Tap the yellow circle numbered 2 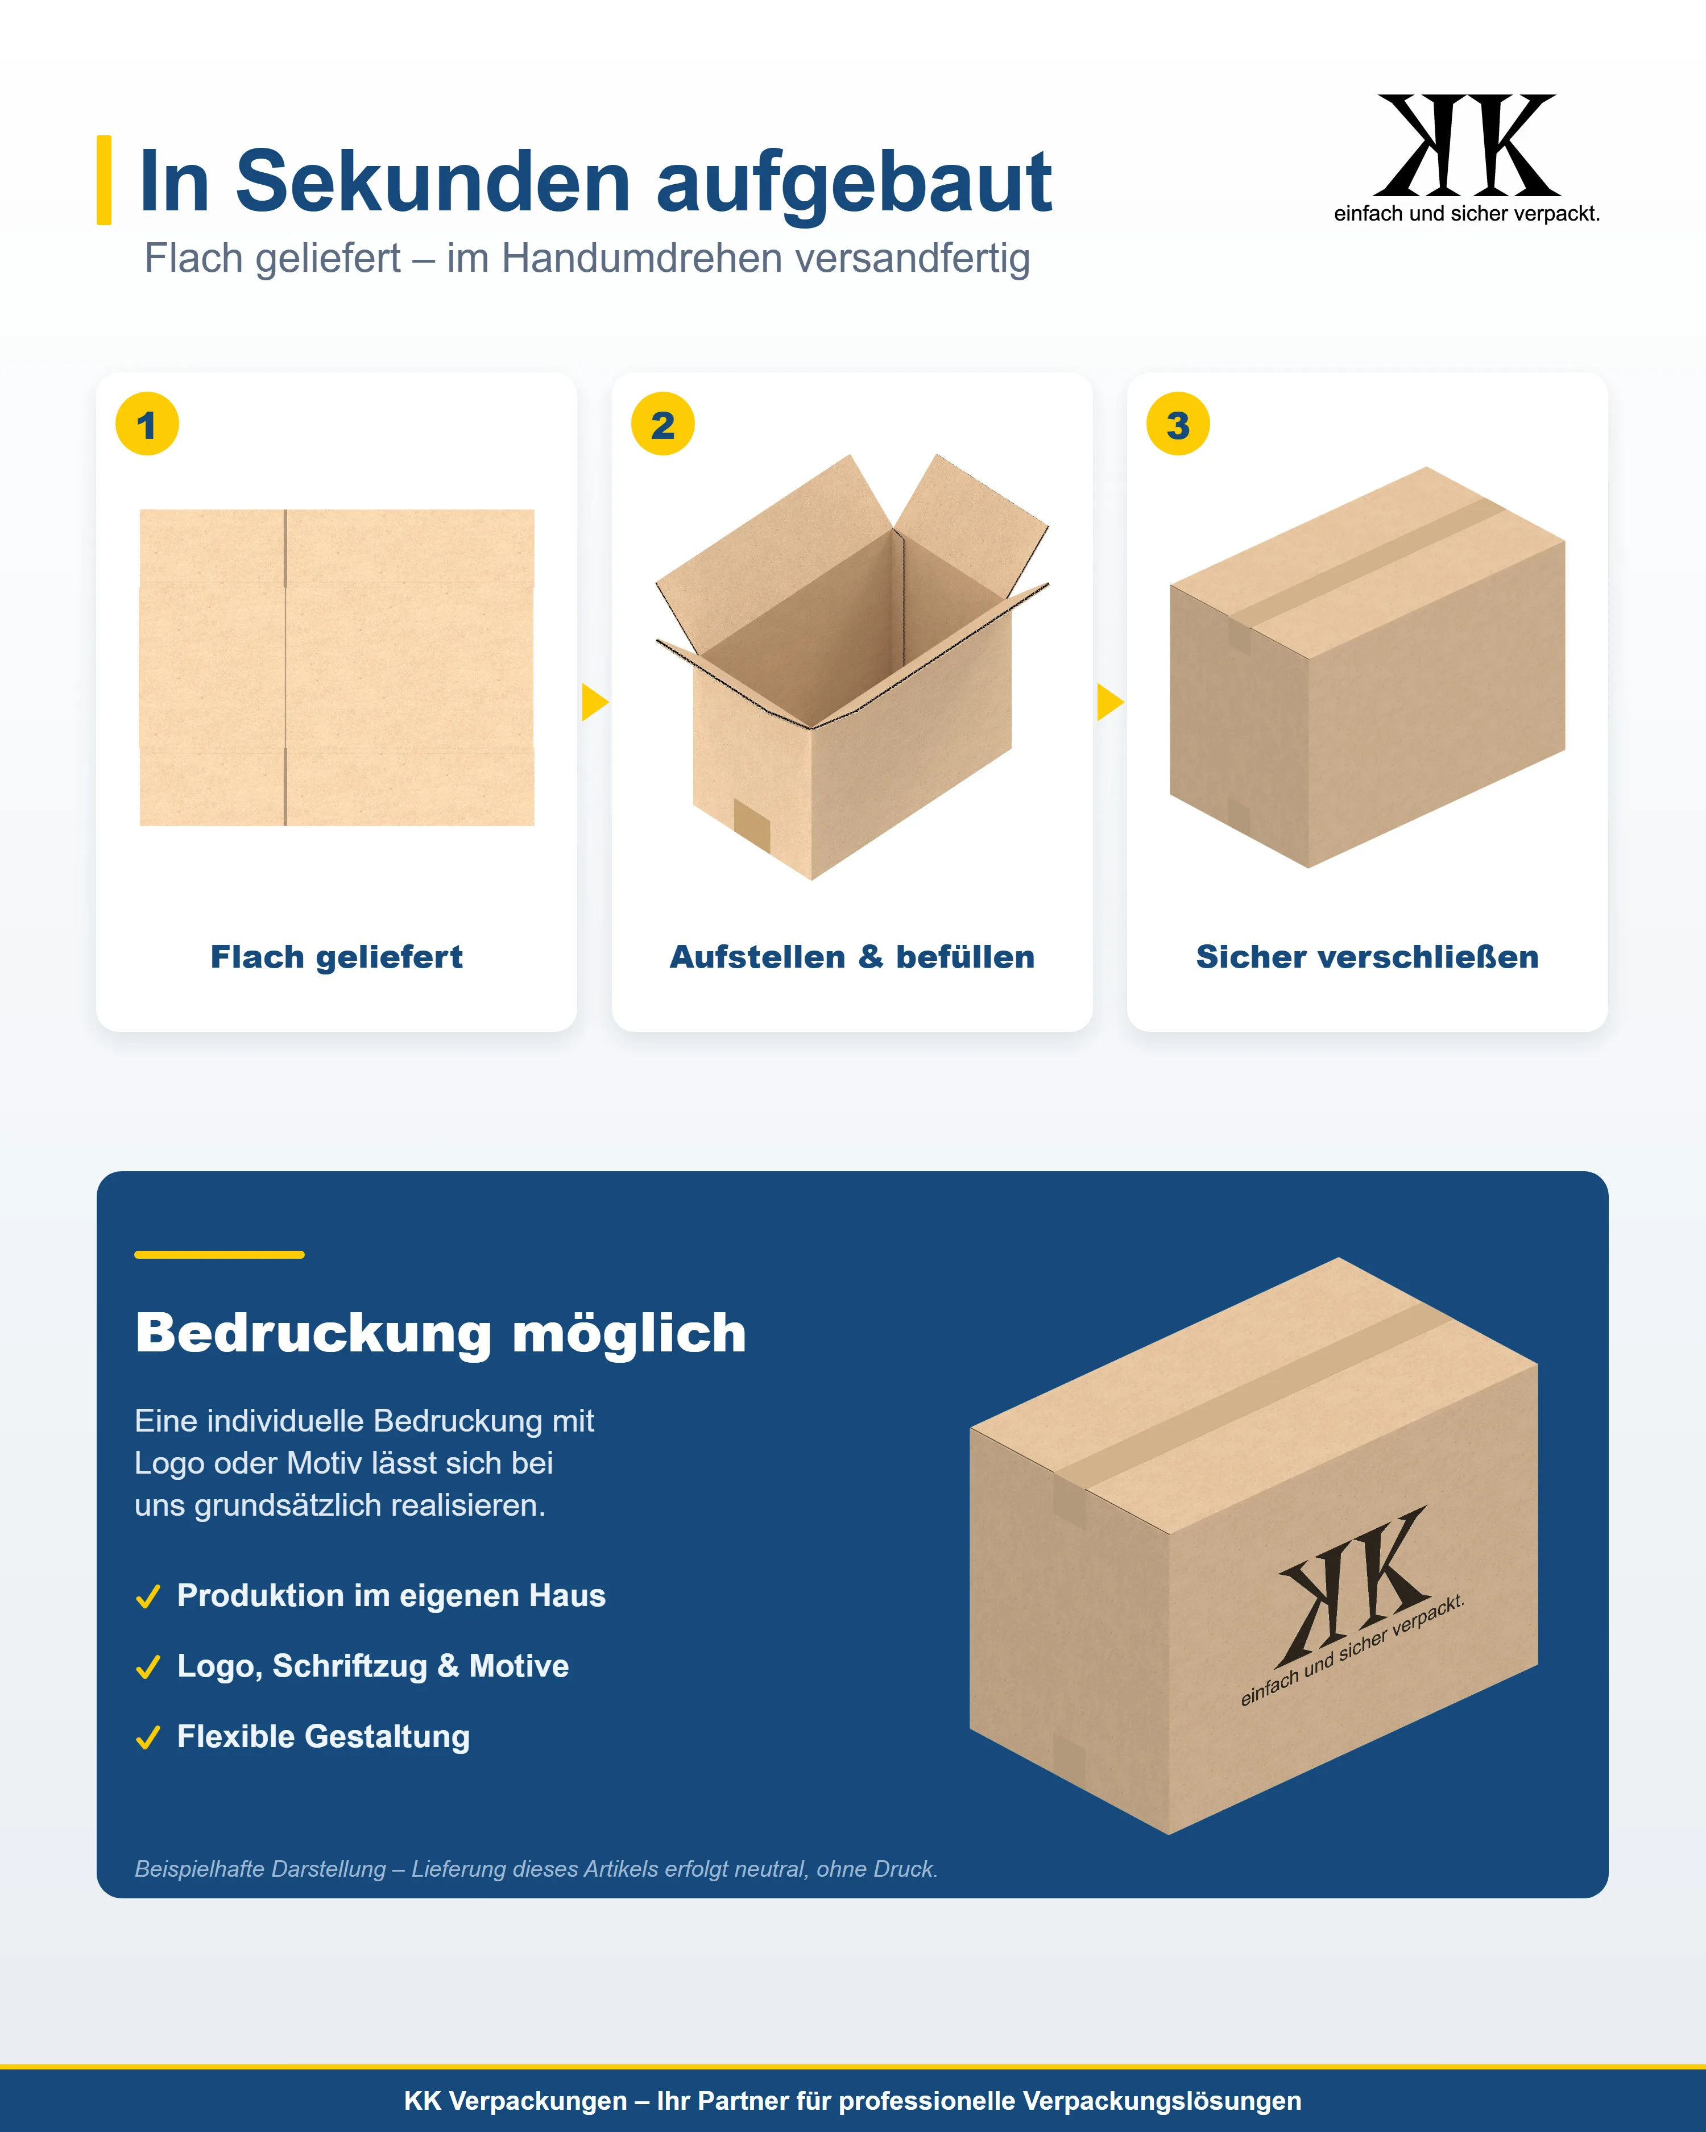[x=662, y=424]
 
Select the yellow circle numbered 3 [x=1178, y=424]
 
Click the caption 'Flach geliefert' [x=336, y=957]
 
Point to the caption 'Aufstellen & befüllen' [x=852, y=957]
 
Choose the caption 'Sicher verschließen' [x=1368, y=957]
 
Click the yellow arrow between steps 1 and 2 [x=594, y=702]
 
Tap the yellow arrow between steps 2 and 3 [x=1109, y=702]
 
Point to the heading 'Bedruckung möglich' [x=441, y=1333]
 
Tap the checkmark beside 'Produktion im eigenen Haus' [x=148, y=1597]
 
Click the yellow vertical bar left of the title [x=104, y=180]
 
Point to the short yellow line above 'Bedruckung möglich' [x=220, y=1255]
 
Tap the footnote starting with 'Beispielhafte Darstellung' [x=536, y=1869]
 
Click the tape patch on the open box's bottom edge [x=752, y=826]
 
